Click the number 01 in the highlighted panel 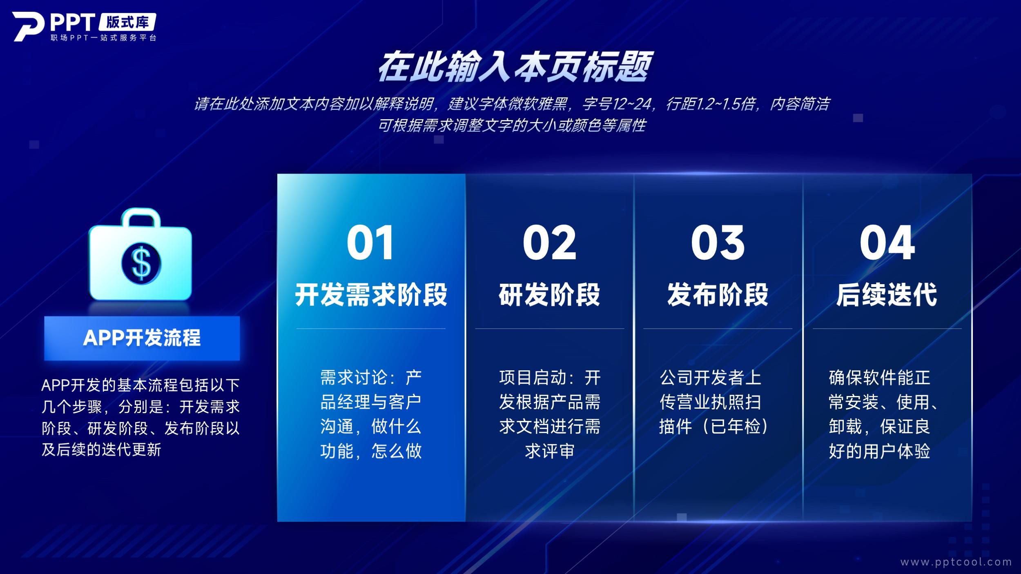click(370, 243)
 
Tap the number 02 click(549, 243)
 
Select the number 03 click(718, 243)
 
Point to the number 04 click(887, 243)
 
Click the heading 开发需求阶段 click(371, 294)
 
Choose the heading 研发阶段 click(549, 294)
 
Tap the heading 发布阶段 click(718, 294)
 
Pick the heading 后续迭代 click(887, 294)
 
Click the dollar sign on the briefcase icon click(141, 263)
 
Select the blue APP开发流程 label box click(142, 338)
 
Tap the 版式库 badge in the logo click(127, 22)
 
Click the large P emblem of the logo click(28, 26)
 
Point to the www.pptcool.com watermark click(956, 562)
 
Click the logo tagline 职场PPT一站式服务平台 click(104, 38)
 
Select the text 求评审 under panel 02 click(550, 451)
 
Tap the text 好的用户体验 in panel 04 click(879, 451)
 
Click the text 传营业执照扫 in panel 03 click(711, 402)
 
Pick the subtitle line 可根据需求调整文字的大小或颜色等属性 click(512, 125)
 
